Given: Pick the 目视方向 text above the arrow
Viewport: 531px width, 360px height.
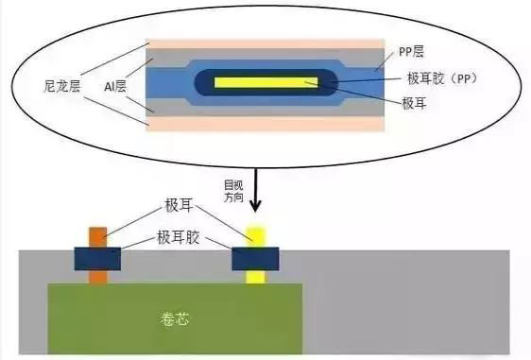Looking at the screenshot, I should (x=232, y=190).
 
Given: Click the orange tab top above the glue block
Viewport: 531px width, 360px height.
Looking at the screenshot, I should (x=97, y=235).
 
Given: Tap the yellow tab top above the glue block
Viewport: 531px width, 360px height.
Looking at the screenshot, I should (x=254, y=234).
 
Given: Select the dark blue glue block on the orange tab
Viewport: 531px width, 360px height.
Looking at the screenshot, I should (x=97, y=257).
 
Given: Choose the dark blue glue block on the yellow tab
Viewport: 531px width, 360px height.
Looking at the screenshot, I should (x=254, y=257).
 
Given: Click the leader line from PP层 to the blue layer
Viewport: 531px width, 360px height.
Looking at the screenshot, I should (x=379, y=60).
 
